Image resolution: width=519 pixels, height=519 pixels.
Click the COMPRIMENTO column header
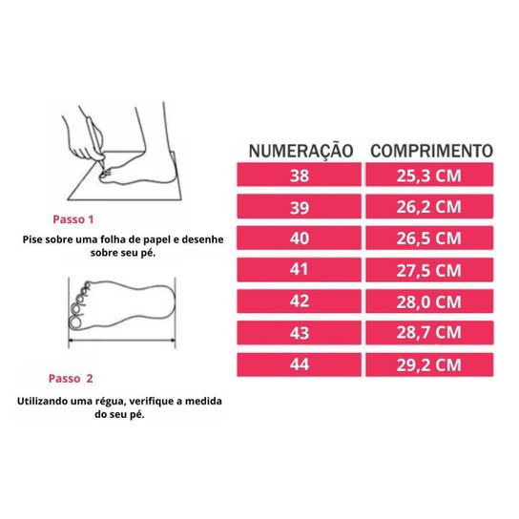[430, 150]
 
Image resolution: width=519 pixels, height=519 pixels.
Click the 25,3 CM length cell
[429, 176]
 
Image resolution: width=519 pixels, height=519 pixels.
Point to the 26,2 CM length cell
[429, 207]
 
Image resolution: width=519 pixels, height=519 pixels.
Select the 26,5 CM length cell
[429, 239]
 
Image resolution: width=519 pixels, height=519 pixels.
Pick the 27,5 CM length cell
[429, 270]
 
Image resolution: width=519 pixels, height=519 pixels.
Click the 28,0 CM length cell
[429, 301]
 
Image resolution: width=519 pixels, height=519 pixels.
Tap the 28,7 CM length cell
[429, 333]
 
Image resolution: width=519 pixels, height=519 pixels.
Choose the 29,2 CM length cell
[429, 364]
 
